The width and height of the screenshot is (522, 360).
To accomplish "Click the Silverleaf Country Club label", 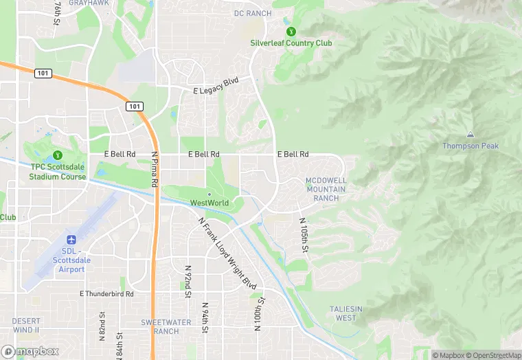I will click(291, 43).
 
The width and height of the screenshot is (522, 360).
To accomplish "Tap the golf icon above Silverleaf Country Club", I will click(291, 31).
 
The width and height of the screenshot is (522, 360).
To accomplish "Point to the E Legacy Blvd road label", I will click(216, 86).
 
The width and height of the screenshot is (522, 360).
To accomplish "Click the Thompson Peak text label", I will click(470, 146).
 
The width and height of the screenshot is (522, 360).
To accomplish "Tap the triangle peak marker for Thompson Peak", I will click(470, 135).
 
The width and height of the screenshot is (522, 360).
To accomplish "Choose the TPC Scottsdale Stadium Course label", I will click(58, 172).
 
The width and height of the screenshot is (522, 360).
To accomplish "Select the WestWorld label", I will click(209, 203).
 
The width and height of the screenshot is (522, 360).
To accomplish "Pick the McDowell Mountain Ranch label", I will click(322, 189).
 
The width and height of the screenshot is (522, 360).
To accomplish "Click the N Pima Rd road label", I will click(155, 170).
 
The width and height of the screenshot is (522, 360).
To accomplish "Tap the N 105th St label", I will click(303, 235).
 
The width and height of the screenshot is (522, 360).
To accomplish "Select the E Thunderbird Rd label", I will click(106, 293).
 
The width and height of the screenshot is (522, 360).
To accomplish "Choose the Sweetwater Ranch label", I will click(160, 326).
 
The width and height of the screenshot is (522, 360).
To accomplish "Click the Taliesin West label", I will click(346, 313).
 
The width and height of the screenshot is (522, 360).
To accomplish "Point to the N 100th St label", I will click(259, 313).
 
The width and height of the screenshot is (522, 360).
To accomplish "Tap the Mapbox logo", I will click(30, 351).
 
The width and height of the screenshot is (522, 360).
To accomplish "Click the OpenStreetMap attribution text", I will click(494, 355).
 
